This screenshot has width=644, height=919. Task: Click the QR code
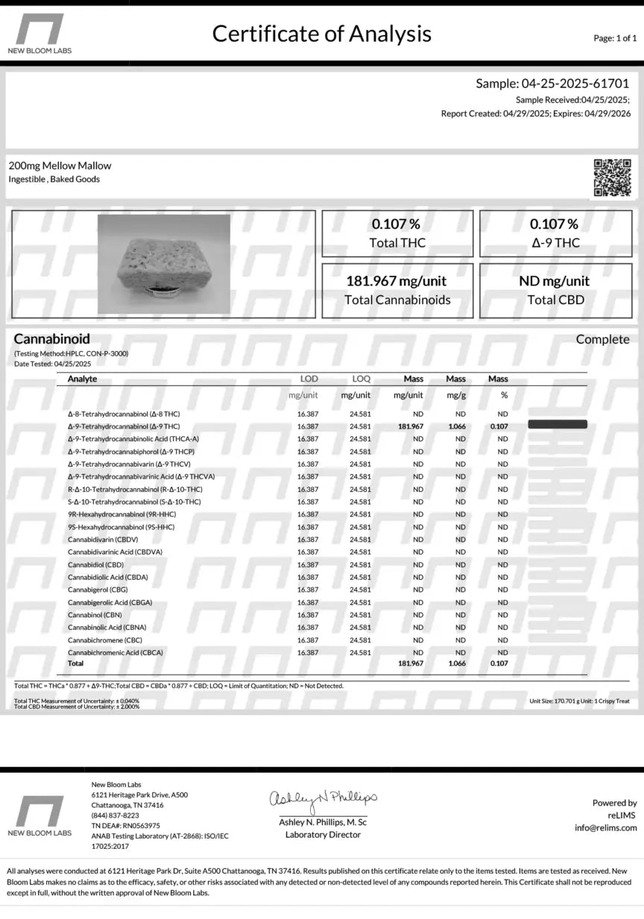(x=612, y=178)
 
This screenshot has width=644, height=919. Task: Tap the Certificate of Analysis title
(x=321, y=34)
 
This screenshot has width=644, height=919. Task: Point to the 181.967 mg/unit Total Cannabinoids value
(x=397, y=282)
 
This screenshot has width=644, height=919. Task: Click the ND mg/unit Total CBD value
(x=555, y=282)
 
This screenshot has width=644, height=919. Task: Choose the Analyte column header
(x=82, y=379)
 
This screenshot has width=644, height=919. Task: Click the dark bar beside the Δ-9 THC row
(x=558, y=425)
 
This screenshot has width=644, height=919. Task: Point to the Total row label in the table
(x=75, y=663)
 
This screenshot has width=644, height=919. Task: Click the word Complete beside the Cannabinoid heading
(x=602, y=340)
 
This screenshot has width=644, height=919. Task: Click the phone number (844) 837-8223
(x=115, y=815)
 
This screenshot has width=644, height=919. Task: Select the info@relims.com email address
(x=605, y=827)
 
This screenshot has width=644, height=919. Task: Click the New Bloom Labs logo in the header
(x=40, y=34)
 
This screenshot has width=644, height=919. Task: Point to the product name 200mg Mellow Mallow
(x=60, y=165)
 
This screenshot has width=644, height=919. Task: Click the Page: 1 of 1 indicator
(x=614, y=37)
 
